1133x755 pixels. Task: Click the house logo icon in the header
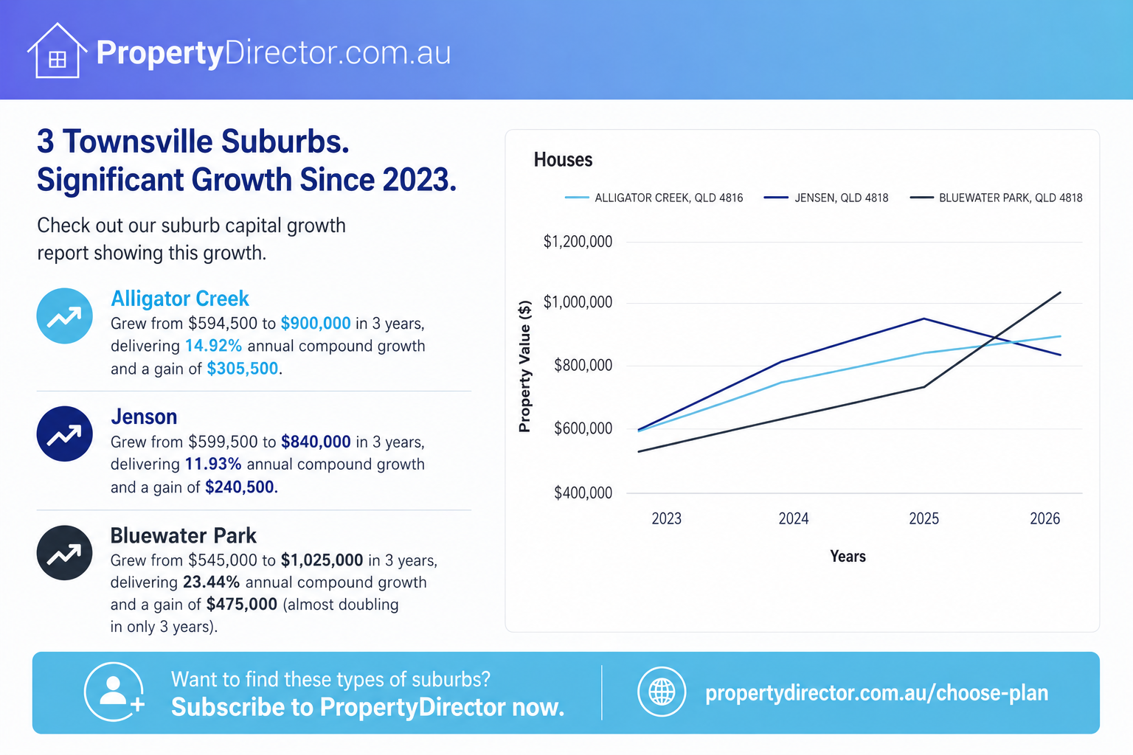point(57,51)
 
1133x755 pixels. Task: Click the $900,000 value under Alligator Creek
point(316,323)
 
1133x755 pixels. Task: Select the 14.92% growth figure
point(213,346)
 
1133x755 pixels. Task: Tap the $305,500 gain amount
point(242,369)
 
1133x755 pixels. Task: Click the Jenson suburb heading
point(144,417)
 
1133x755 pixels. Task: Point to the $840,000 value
point(316,442)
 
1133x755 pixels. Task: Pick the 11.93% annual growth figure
point(213,465)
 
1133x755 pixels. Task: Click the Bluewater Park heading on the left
point(184,535)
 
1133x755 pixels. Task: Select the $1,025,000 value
point(322,560)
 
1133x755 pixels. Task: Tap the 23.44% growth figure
point(211,582)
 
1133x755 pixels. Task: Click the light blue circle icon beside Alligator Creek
point(64,316)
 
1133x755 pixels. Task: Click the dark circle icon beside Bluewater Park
point(64,553)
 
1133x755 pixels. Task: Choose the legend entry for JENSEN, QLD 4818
point(826,198)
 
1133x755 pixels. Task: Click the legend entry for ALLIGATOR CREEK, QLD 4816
point(654,198)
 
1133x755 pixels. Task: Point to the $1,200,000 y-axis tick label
point(578,242)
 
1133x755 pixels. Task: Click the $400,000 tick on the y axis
point(583,493)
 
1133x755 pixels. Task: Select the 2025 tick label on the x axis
point(924,519)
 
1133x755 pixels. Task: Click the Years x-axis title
point(848,556)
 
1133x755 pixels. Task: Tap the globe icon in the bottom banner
point(662,692)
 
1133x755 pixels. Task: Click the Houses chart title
point(563,160)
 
